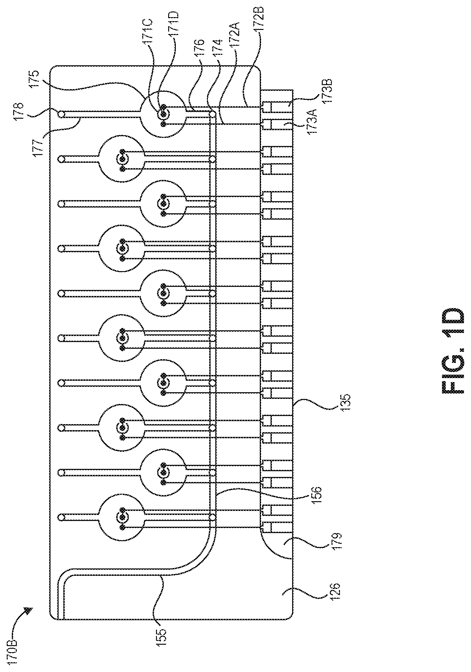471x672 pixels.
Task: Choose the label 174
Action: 218,50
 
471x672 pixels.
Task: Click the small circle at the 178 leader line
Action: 61,114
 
